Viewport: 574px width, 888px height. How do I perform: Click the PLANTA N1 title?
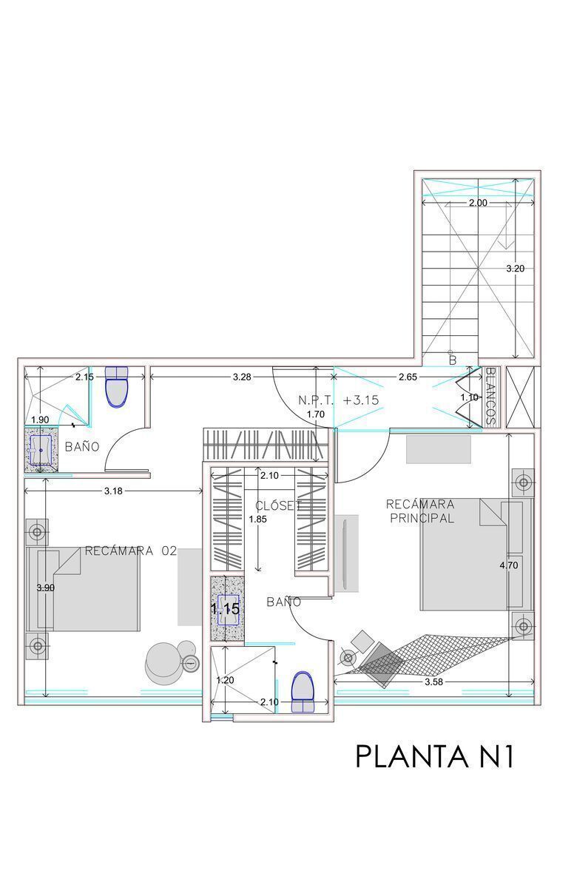434,756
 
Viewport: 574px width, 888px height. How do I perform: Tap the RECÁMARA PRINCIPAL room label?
421,511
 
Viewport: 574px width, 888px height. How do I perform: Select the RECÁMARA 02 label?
131,551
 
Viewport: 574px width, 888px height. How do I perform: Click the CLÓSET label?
278,506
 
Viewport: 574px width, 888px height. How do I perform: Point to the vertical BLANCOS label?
490,397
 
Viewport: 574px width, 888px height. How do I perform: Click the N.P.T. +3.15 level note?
338,400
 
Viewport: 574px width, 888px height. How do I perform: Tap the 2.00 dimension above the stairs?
478,203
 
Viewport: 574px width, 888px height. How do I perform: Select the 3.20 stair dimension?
515,269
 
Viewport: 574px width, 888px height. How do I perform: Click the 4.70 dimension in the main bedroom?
509,565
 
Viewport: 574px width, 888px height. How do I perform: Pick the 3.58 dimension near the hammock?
433,682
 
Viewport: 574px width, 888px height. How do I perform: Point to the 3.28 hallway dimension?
242,377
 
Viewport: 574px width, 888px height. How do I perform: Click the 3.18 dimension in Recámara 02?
113,491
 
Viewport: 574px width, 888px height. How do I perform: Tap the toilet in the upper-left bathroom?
117,386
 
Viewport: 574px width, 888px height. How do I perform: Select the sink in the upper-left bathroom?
41,450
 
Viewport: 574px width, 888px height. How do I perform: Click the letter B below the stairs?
453,360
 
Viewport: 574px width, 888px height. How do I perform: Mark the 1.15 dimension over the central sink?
225,609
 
